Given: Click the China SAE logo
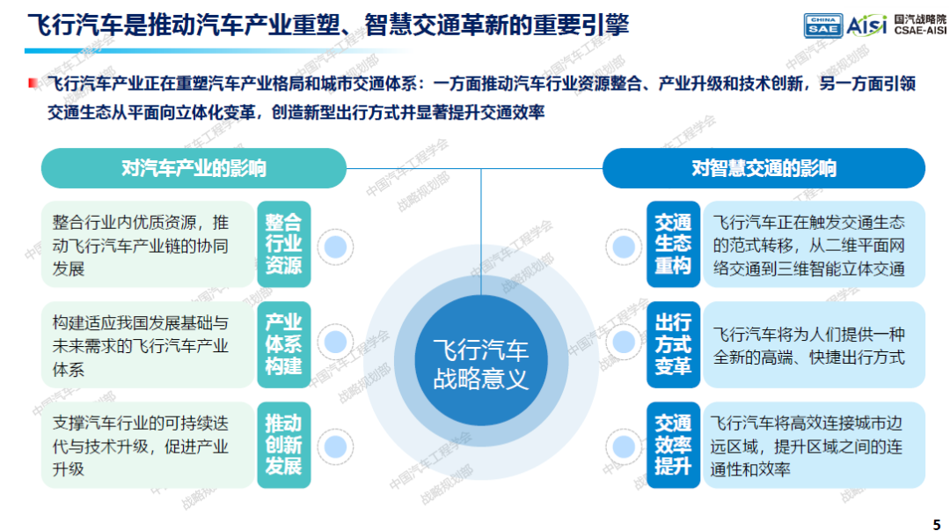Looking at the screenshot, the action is coord(822,26).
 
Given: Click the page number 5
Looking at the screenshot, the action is coord(937,524).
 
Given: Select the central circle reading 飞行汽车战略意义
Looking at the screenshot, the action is coord(481,362).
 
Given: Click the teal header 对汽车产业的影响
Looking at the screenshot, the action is coord(194,168).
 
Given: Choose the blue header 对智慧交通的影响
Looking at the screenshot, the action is coord(764,168).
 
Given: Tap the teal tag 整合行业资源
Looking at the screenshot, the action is coord(283,244).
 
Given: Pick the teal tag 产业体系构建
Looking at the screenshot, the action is coord(283,344).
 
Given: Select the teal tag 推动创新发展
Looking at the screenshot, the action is coord(283,445).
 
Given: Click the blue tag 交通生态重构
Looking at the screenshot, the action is coord(673,244).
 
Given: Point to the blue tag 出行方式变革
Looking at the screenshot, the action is coord(673,344).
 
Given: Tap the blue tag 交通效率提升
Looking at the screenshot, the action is coord(673,445).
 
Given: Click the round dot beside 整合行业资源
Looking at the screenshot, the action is coord(336,247).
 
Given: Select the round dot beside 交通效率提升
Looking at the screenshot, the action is coord(624,447).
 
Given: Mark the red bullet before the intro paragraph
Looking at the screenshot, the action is coord(33,83).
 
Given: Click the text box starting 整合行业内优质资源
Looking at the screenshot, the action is coord(148,244).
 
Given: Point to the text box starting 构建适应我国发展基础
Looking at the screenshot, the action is coord(148,344).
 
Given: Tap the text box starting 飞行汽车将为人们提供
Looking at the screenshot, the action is coord(814,344).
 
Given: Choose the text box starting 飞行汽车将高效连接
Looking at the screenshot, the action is coord(814,445).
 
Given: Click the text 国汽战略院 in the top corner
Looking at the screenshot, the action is coord(920,19).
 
